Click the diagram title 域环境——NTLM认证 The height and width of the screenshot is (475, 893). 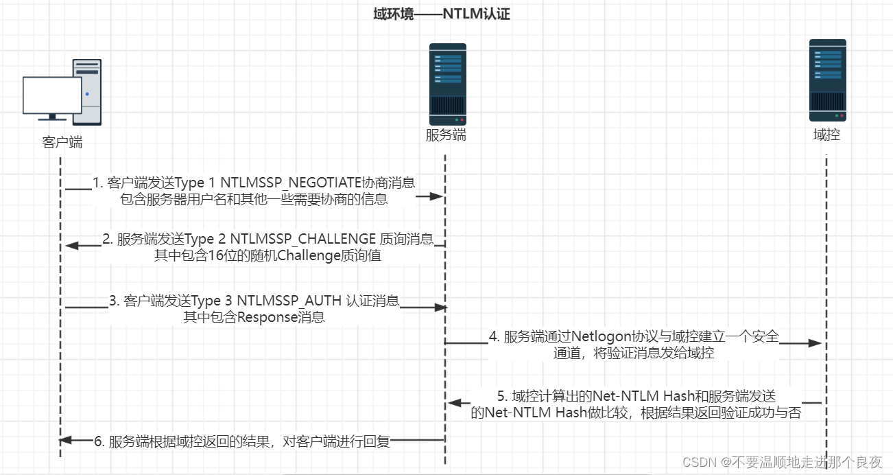442,14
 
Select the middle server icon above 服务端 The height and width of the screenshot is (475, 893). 447,84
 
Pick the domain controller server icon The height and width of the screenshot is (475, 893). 826,80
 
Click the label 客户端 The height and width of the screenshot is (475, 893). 62,142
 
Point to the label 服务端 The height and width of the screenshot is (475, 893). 446,135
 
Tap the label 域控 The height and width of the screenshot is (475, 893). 826,135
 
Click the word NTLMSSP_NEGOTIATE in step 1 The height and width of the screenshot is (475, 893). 299,183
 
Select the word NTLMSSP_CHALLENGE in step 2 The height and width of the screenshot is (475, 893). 303,239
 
